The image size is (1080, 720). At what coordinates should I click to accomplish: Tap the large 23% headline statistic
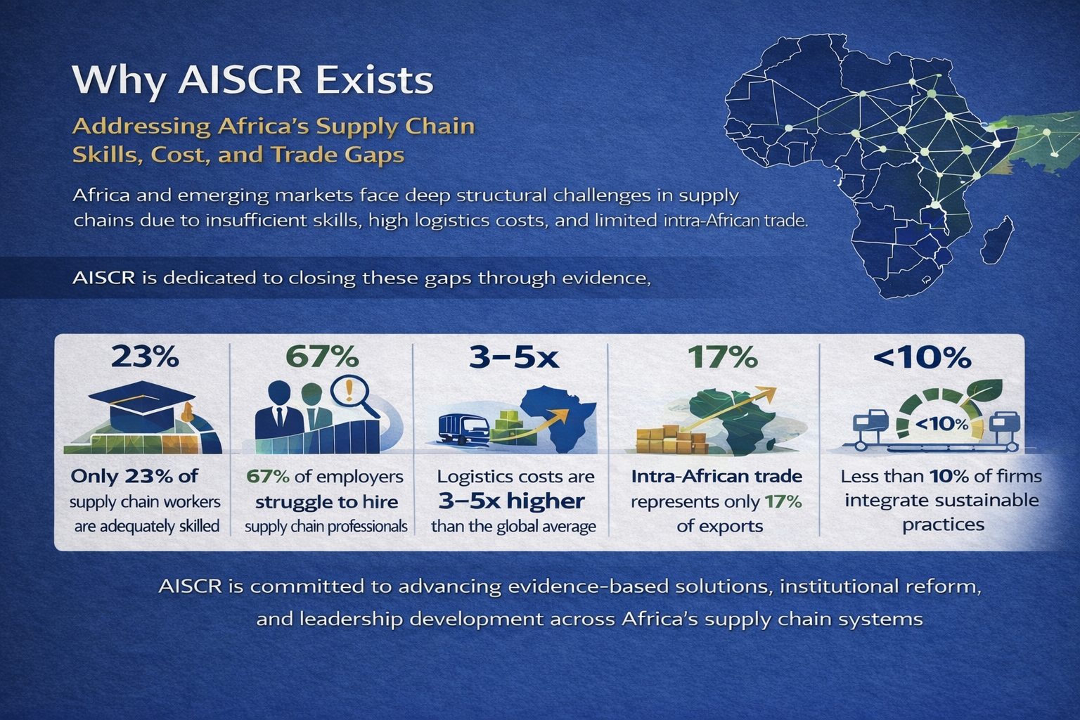tap(145, 357)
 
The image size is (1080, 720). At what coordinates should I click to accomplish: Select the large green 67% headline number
tap(322, 357)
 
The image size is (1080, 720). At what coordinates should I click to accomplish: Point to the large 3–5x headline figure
tap(514, 357)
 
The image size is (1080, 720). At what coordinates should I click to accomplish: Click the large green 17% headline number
tap(723, 357)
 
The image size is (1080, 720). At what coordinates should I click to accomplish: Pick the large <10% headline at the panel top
tap(922, 357)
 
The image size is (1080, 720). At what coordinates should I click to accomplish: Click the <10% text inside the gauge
tap(941, 424)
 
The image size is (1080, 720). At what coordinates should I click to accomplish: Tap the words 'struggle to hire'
tap(326, 503)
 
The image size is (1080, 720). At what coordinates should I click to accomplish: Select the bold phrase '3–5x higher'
tap(512, 501)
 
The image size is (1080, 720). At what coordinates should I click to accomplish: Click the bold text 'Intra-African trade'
tap(716, 477)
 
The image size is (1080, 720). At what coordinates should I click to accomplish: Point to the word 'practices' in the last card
tap(943, 525)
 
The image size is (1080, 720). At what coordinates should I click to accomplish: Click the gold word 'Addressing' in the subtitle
tap(142, 127)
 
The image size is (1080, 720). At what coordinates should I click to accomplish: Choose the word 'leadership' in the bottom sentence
tap(351, 619)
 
